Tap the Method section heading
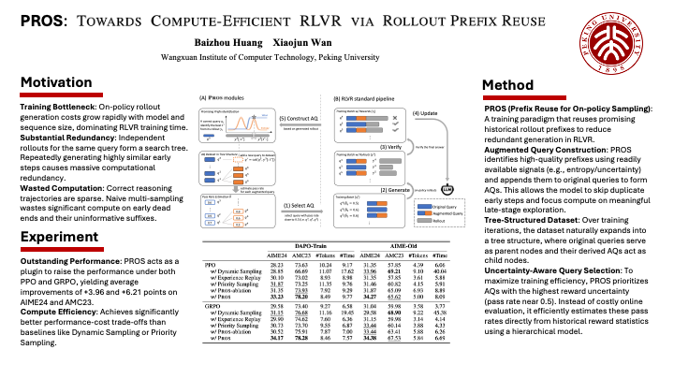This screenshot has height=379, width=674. pos(507,86)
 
